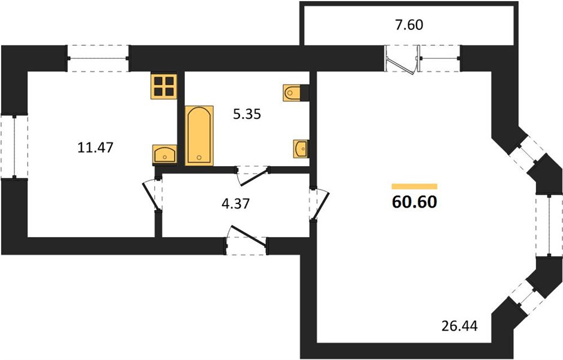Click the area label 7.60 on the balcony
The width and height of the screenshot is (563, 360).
click(x=409, y=25)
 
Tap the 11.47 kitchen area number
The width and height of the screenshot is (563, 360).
click(x=95, y=148)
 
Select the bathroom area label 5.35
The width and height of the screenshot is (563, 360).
click(x=247, y=114)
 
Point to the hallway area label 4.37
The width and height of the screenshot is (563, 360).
click(x=235, y=204)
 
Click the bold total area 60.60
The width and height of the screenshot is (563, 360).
click(x=415, y=202)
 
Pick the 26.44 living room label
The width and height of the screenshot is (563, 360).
click(x=460, y=326)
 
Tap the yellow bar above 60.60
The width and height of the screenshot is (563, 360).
click(x=414, y=186)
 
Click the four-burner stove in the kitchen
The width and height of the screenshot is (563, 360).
click(x=164, y=86)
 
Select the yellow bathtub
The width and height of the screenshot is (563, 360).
click(x=199, y=136)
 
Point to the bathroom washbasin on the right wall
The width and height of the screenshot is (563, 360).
click(x=300, y=148)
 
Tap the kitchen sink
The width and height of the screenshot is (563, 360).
click(x=165, y=154)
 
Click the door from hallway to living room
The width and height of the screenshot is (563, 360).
click(x=319, y=204)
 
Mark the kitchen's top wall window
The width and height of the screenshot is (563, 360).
click(x=98, y=58)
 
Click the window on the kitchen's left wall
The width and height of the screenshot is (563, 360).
click(x=14, y=146)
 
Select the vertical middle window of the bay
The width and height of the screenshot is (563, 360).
click(x=549, y=226)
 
